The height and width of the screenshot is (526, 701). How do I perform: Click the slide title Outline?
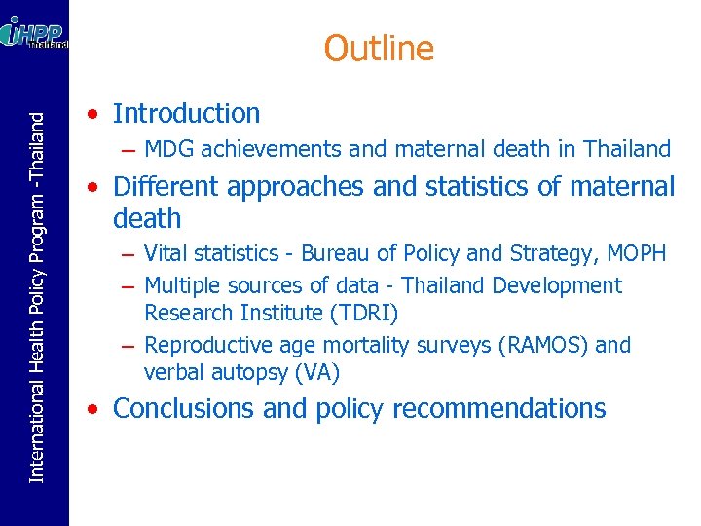pyautogui.click(x=379, y=48)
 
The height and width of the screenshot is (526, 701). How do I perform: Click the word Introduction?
pyautogui.click(x=186, y=114)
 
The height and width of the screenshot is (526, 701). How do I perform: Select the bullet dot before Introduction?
pyautogui.click(x=90, y=115)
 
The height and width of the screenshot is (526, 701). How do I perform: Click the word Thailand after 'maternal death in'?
pyautogui.click(x=627, y=150)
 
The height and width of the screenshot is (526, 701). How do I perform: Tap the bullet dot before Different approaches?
pyautogui.click(x=90, y=187)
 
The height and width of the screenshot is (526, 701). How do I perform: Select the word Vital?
pyautogui.click(x=165, y=254)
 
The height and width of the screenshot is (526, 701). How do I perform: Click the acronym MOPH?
pyautogui.click(x=634, y=254)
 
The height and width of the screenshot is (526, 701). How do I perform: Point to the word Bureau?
pyautogui.click(x=334, y=254)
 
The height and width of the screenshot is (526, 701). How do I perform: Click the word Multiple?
pyautogui.click(x=182, y=286)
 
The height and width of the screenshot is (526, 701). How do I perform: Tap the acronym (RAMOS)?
pyautogui.click(x=542, y=346)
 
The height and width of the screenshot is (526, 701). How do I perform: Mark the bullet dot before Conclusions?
pyautogui.click(x=90, y=409)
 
